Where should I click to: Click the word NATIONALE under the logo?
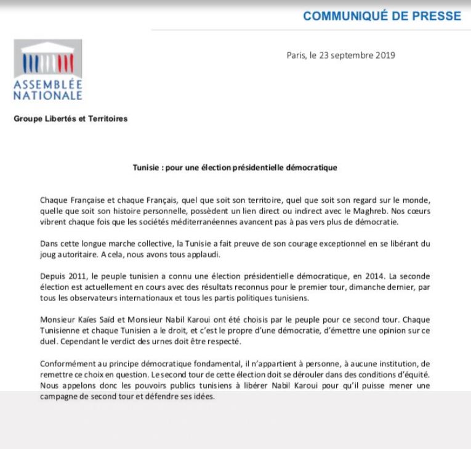pos(48,96)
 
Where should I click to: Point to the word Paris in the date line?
pos(297,55)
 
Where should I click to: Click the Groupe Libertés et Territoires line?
pos(71,119)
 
